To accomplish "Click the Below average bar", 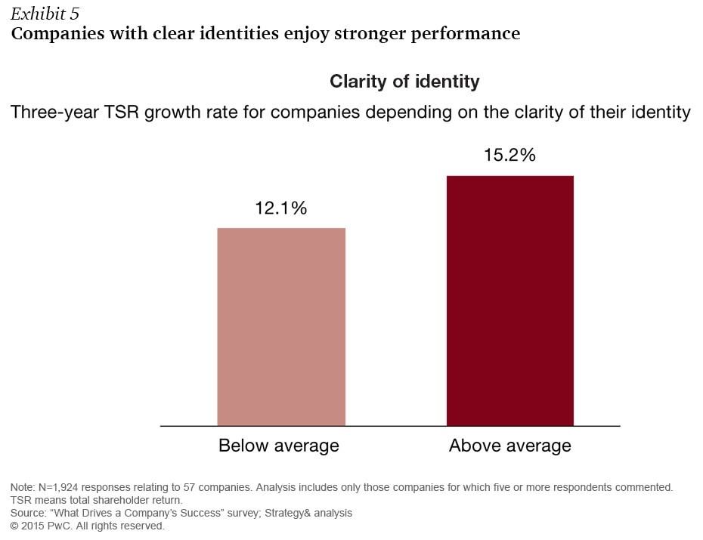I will (x=281, y=326).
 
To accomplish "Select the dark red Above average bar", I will (x=510, y=301).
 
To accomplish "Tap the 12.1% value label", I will (x=281, y=208).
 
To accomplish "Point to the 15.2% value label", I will (x=509, y=156).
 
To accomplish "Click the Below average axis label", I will (x=279, y=446).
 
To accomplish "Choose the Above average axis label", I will (x=510, y=446).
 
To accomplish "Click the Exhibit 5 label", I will (x=45, y=14).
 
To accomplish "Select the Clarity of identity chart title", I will (x=404, y=81).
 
